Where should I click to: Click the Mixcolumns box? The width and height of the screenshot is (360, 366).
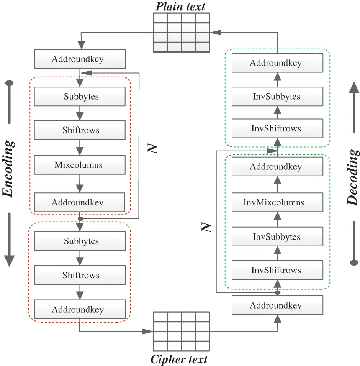(x=80, y=165)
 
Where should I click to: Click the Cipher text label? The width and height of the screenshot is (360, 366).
(x=179, y=359)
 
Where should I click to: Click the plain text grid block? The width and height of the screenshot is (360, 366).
(x=181, y=33)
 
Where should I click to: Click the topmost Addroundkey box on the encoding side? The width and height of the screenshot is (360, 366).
(x=80, y=59)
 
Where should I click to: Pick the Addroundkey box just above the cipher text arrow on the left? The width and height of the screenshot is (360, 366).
(x=80, y=309)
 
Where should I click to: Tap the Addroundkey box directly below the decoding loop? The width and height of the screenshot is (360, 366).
(x=277, y=305)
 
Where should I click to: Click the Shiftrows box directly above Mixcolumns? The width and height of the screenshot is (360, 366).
(x=80, y=130)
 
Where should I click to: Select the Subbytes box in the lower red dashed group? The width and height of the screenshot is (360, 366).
(x=80, y=241)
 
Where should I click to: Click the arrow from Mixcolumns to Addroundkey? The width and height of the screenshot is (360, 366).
(x=80, y=184)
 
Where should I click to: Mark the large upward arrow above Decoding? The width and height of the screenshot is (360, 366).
(x=354, y=107)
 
